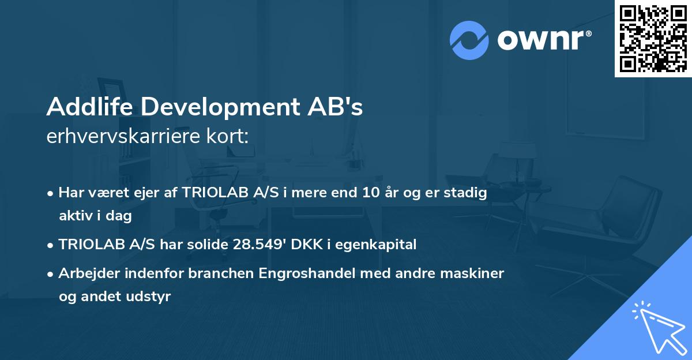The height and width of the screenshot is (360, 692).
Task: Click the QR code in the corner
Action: [x=653, y=38]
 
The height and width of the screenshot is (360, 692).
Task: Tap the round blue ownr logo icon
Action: [x=469, y=40]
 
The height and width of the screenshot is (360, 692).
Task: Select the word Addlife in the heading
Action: [x=84, y=107]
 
